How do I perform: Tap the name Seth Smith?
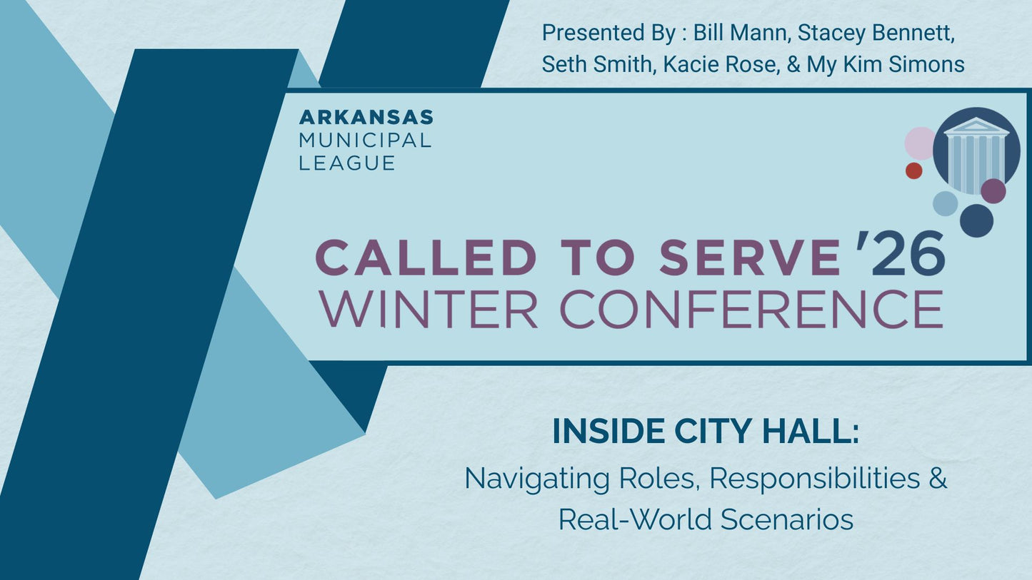(x=596, y=64)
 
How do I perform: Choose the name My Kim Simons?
(x=886, y=64)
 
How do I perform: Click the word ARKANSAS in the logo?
(x=366, y=117)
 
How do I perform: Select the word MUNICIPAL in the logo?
(x=366, y=140)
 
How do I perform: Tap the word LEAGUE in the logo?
(x=347, y=163)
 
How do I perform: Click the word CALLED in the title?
(x=426, y=258)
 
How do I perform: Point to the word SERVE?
(x=750, y=258)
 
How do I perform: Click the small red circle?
(x=913, y=171)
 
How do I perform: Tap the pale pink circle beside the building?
(x=920, y=143)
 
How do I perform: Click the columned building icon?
(x=976, y=151)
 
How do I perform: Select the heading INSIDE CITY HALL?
(x=706, y=432)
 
